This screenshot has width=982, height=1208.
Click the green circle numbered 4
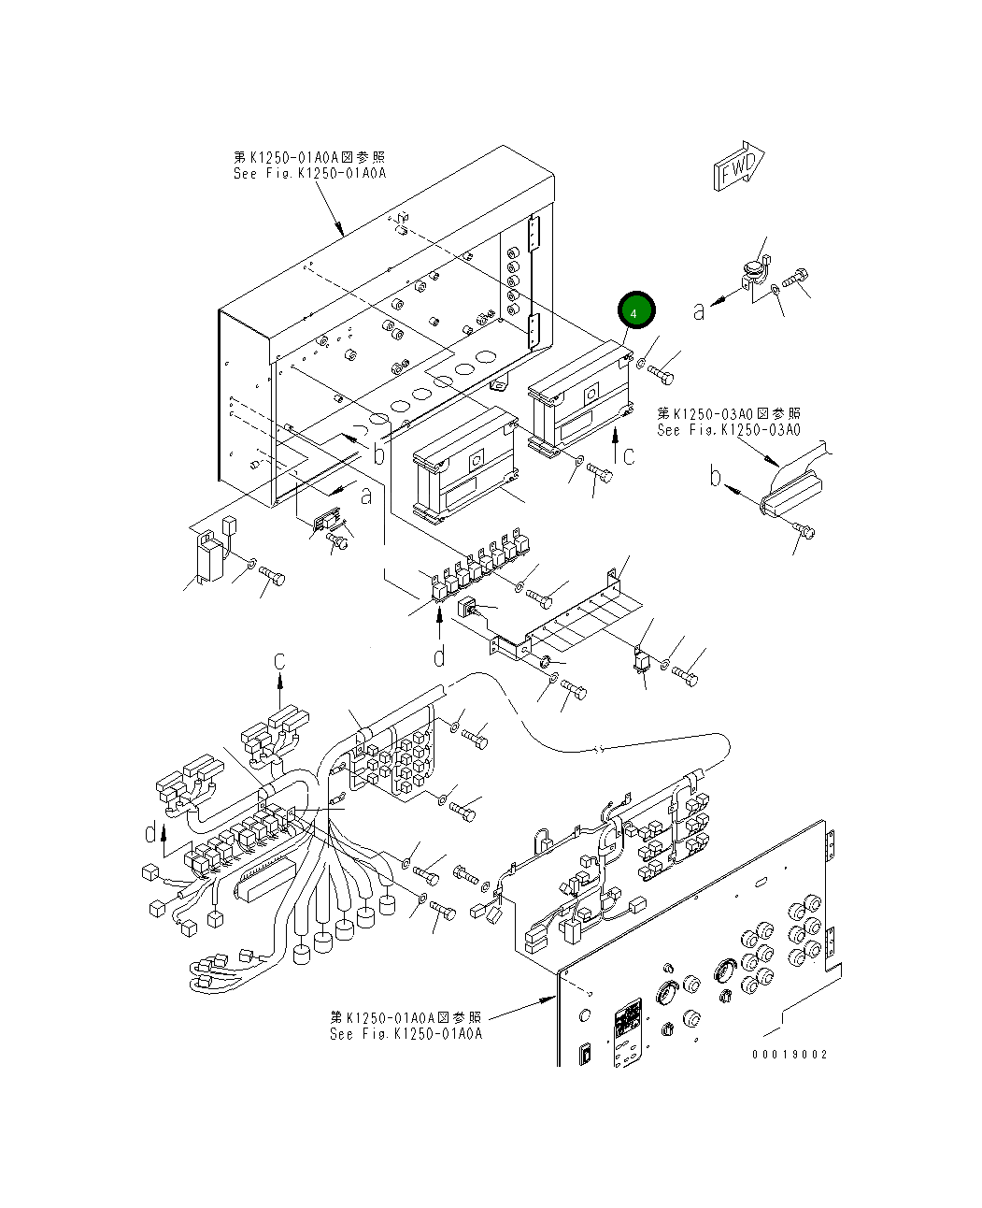[635, 312]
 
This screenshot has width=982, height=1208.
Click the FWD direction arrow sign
[739, 167]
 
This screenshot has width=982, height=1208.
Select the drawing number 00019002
[790, 1054]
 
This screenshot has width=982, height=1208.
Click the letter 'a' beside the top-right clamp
[699, 310]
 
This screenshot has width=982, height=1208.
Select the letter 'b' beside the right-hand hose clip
[715, 478]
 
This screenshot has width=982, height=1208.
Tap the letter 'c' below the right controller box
[629, 456]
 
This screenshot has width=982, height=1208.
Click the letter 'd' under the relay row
[440, 656]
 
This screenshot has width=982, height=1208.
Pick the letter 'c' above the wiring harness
[278, 661]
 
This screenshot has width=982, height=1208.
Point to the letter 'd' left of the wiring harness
[151, 831]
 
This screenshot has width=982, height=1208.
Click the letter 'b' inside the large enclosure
[378, 454]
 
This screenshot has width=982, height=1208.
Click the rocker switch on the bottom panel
[586, 1054]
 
